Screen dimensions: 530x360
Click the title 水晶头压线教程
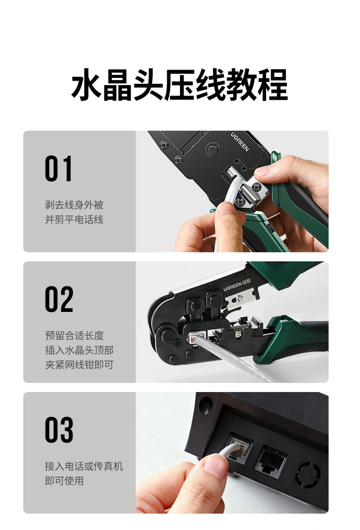pos(180,85)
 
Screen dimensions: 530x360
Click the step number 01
pos(58,169)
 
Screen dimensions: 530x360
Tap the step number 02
pos(59,299)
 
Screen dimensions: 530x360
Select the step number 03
pos(59,430)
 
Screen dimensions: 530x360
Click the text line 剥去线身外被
pos(74,205)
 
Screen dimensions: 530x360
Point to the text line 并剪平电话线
pos(74,219)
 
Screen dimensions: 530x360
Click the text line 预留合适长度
pos(74,336)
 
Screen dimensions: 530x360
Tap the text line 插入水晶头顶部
pos(79,350)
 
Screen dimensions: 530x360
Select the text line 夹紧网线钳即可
pos(79,365)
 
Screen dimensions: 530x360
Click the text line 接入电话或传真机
pos(84,466)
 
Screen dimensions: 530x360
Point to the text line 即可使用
pos(64,481)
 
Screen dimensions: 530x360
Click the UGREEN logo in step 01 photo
pos(240,142)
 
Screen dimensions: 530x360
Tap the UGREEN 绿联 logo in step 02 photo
pos(242,287)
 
